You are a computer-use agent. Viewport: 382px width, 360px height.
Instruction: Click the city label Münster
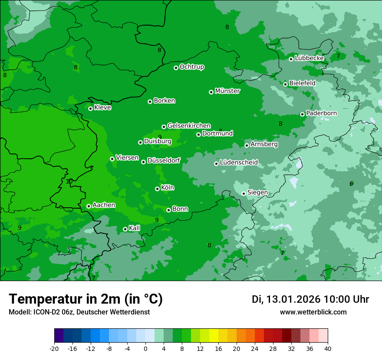[x=227, y=91]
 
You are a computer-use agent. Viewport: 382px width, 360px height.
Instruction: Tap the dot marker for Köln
[x=157, y=189]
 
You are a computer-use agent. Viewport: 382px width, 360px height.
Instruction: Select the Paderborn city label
[x=321, y=113]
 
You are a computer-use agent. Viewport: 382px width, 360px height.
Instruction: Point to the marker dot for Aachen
[x=89, y=206]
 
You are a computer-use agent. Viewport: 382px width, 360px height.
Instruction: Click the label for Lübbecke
[x=309, y=58]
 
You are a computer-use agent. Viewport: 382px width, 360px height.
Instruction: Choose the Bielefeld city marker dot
[x=285, y=84]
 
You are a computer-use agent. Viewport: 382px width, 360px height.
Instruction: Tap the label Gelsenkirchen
[x=189, y=126]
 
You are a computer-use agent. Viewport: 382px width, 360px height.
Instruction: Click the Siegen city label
[x=257, y=193]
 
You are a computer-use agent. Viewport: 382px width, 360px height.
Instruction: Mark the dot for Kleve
[x=90, y=108]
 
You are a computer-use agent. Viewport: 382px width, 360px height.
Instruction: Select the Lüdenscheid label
[x=239, y=163]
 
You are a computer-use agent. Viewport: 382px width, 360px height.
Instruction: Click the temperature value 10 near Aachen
[x=69, y=181]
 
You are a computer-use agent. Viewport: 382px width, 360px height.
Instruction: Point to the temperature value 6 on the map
[x=351, y=183]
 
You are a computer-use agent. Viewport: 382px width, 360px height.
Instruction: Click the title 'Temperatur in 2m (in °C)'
[x=86, y=299]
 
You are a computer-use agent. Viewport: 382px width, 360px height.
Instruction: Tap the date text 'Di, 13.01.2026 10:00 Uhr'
[x=310, y=299]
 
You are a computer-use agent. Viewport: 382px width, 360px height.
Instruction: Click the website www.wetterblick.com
[x=313, y=312]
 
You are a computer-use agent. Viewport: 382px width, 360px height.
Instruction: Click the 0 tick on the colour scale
[x=145, y=348]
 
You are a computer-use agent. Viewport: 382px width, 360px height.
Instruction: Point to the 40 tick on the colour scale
[x=327, y=348]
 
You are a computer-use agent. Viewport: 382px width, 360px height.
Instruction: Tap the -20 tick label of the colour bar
[x=54, y=348]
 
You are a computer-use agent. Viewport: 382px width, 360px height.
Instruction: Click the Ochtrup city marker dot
[x=176, y=68]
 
